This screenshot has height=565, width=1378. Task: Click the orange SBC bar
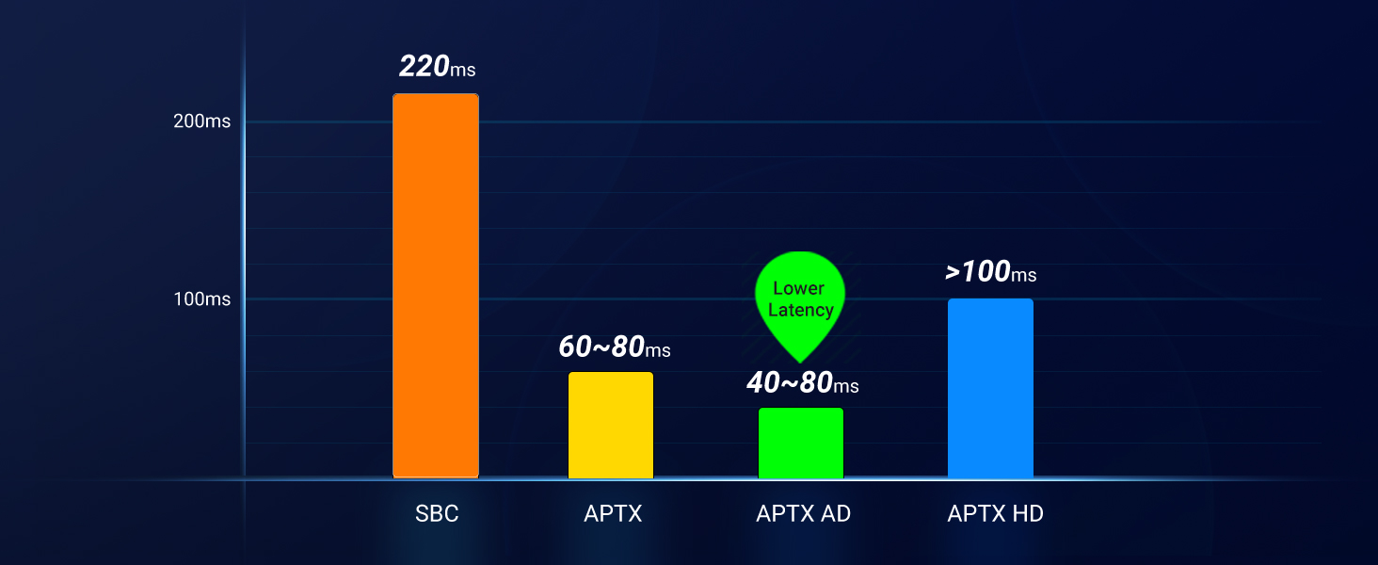[x=435, y=285]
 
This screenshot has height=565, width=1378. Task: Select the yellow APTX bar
[x=610, y=425]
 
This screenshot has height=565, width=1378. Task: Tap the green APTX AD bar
[x=800, y=443]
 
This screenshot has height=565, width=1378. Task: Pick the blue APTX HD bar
[x=990, y=388]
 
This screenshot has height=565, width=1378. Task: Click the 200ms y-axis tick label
[x=202, y=121]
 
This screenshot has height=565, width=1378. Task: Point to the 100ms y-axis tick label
[x=202, y=299]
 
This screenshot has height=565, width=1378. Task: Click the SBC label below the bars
[x=437, y=514]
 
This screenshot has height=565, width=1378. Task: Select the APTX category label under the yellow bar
[x=613, y=514]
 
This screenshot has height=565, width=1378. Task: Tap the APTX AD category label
[x=803, y=514]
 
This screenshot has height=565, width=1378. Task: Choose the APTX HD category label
[x=995, y=514]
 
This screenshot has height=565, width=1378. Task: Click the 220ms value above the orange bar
[x=437, y=68]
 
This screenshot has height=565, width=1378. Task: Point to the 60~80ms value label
[x=614, y=347]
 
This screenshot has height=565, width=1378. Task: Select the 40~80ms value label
[x=802, y=383]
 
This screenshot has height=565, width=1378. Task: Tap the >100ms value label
[x=990, y=273]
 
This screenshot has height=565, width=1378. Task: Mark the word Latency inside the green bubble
[x=800, y=310]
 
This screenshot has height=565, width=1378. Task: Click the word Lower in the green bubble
[x=799, y=288]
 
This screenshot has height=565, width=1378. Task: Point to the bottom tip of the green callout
[x=801, y=361]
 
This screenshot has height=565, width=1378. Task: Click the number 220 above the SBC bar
[x=424, y=67]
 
